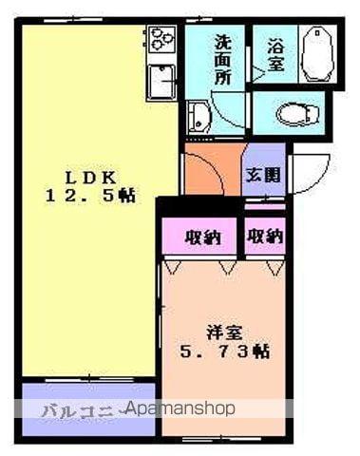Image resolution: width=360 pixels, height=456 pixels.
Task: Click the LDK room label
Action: coord(90,177)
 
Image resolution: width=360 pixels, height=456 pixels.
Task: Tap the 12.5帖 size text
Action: coord(90,197)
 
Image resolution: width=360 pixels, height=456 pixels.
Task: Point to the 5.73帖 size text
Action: coord(225,351)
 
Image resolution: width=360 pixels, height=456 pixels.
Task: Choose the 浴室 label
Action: coord(275,56)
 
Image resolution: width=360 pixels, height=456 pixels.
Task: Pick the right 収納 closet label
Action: coord(265,236)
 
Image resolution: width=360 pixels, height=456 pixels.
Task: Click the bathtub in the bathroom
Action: coord(317,55)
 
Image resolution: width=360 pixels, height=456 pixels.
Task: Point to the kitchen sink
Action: coord(163,83)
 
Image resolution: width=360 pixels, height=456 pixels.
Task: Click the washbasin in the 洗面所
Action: coord(199,118)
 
